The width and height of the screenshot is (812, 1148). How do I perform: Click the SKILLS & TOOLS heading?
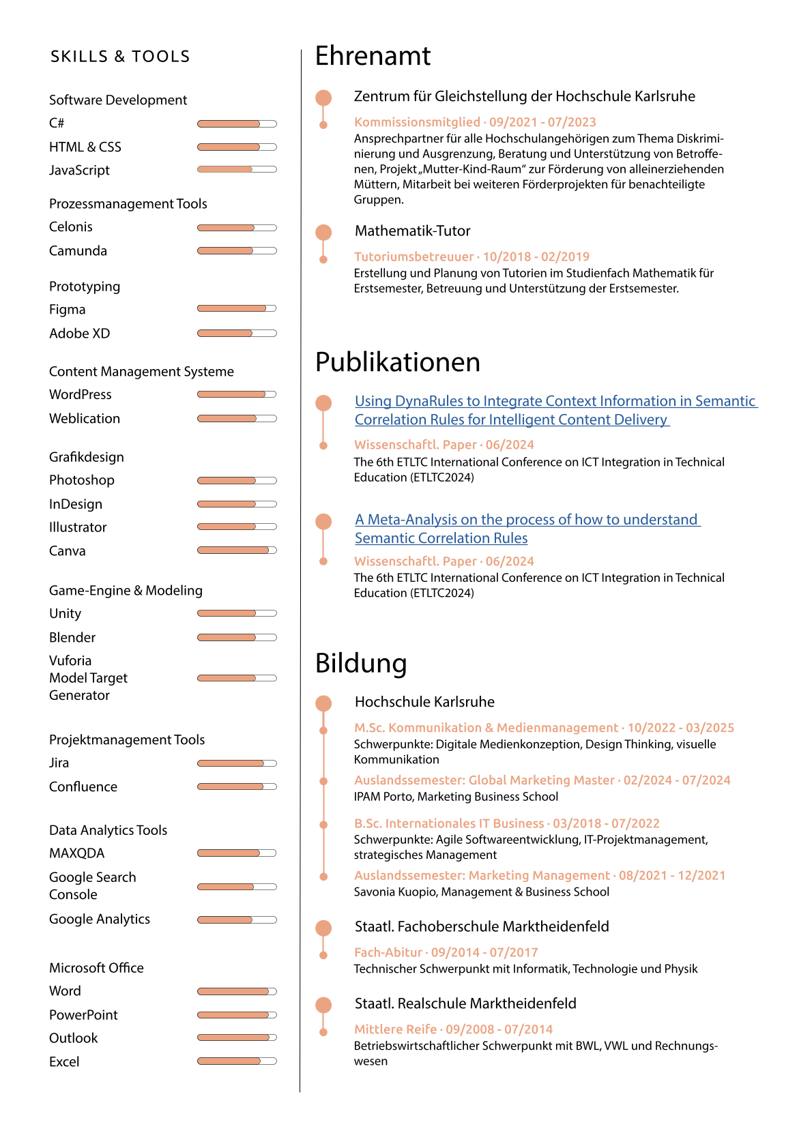[x=120, y=57]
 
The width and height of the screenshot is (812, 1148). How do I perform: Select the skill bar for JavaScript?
[x=237, y=169]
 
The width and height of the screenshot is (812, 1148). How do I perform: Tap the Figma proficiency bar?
[x=237, y=308]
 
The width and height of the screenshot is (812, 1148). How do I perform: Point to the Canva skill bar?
[x=237, y=550]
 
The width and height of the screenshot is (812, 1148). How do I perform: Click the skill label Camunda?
[x=78, y=251]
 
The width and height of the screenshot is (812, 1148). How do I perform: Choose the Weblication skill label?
[x=85, y=419]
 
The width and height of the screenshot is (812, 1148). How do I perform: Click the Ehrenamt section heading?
[x=373, y=56]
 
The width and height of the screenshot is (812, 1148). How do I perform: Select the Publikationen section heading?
[x=397, y=362]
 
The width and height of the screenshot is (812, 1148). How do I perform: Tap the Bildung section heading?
[x=361, y=663]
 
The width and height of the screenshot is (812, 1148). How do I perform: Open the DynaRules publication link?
[x=555, y=410]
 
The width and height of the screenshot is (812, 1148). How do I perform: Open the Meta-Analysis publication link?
[x=527, y=529]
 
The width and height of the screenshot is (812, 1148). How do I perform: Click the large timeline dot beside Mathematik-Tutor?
[x=323, y=232]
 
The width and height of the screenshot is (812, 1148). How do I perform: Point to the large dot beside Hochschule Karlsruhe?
[x=323, y=703]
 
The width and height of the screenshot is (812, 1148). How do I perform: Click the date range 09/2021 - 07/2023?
[x=542, y=122]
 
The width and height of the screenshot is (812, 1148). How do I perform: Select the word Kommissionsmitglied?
[x=417, y=122]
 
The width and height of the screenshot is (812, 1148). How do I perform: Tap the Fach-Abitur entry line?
[x=446, y=952]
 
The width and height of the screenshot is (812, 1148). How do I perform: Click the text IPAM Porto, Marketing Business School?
[x=456, y=797]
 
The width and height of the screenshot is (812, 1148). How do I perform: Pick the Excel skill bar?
[x=237, y=1061]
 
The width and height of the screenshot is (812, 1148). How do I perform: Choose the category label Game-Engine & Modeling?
[x=126, y=591]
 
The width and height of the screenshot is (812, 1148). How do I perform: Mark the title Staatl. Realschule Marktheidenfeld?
[x=465, y=1003]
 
